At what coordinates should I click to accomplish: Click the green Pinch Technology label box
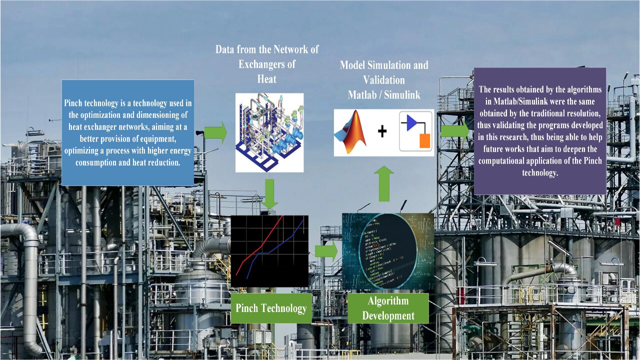click(x=270, y=308)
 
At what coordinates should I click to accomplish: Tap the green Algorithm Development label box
click(x=388, y=308)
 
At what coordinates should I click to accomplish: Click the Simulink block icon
click(x=415, y=131)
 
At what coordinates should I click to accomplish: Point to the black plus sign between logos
click(x=382, y=131)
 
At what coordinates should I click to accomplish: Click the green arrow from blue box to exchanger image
click(x=216, y=133)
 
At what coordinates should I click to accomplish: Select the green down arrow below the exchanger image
click(x=270, y=194)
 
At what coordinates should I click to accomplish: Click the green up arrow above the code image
click(x=384, y=183)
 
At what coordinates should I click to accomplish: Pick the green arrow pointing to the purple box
click(x=454, y=131)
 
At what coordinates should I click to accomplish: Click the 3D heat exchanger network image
click(x=269, y=132)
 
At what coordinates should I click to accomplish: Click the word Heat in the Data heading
click(x=266, y=79)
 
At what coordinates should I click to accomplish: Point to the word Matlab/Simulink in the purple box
click(x=509, y=100)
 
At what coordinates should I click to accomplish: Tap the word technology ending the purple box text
click(x=539, y=172)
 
